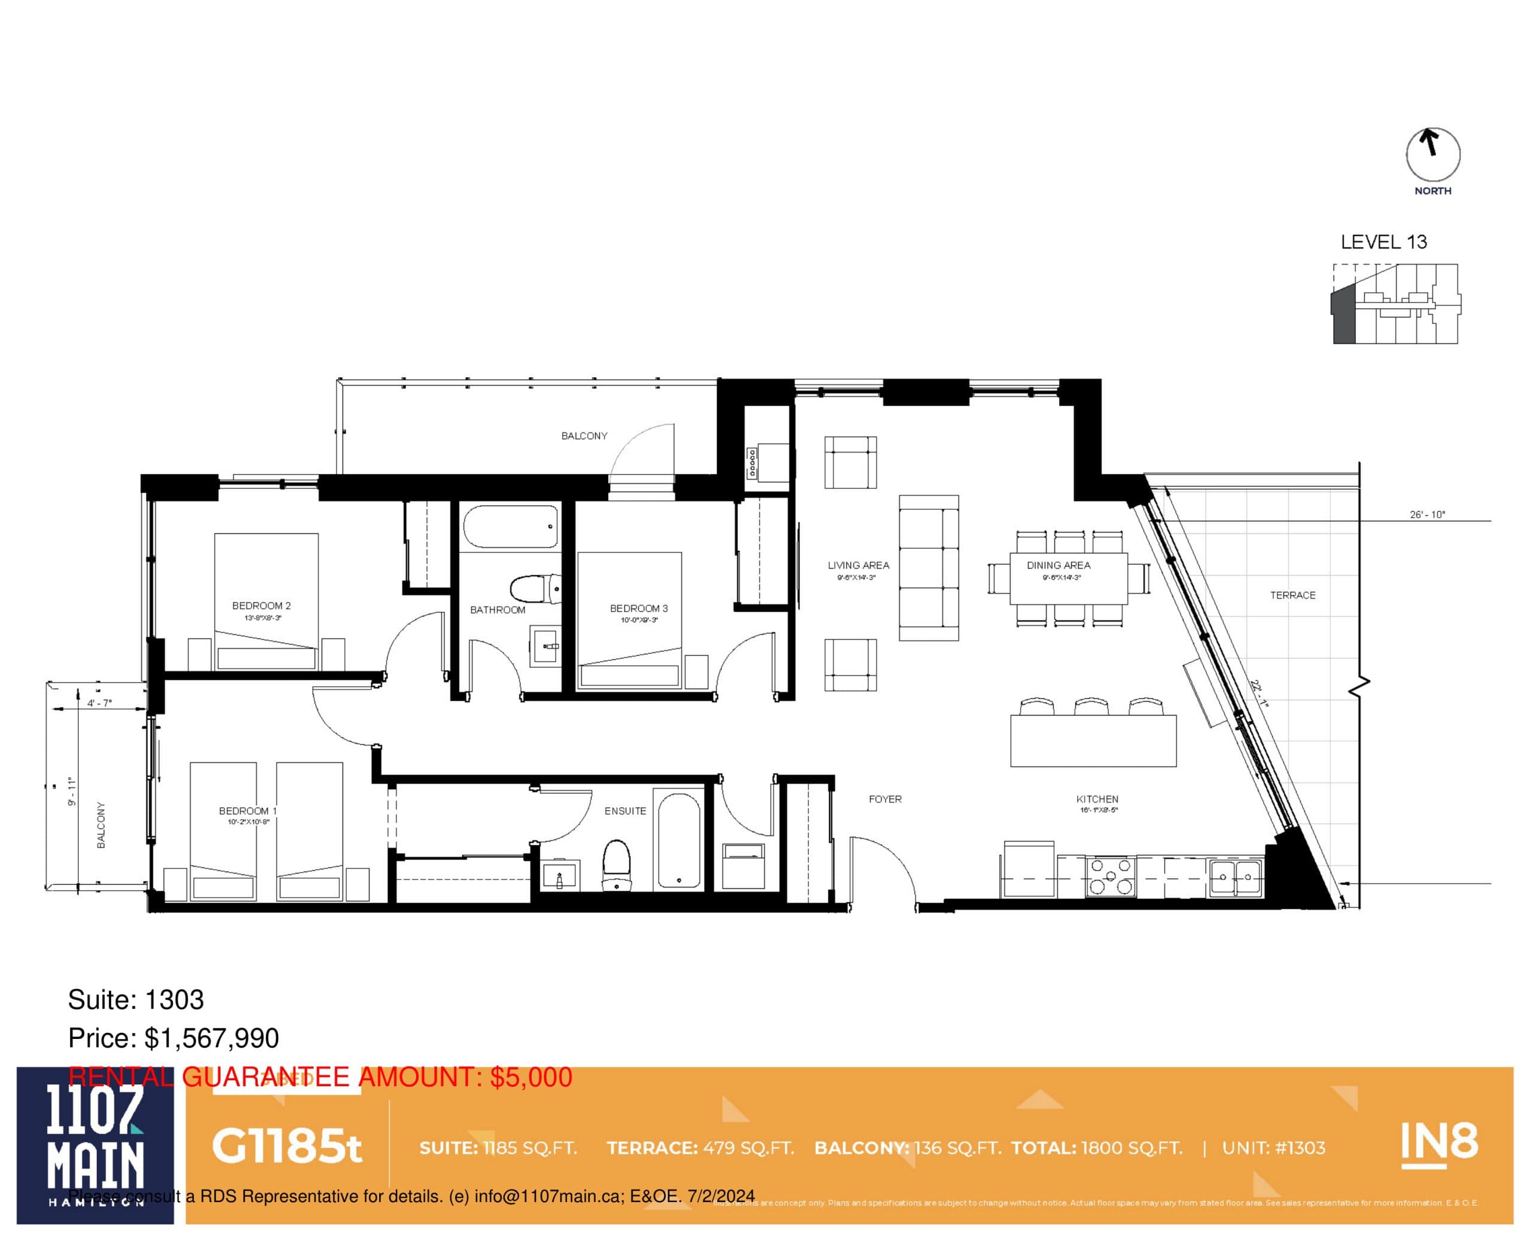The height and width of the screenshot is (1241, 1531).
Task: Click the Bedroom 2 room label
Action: click(x=261, y=606)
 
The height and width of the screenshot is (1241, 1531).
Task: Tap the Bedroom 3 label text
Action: click(x=638, y=609)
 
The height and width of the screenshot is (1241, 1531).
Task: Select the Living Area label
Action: click(x=858, y=565)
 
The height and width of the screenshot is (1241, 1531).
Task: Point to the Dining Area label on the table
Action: click(x=1059, y=565)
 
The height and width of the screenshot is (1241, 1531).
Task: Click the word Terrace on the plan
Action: click(x=1292, y=595)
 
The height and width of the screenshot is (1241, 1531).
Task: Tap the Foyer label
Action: click(x=885, y=799)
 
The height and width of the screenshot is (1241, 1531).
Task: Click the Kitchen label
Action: click(x=1097, y=799)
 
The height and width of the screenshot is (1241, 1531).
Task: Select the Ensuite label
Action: click(x=625, y=811)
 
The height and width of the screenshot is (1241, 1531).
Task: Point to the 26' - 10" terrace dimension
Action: click(x=1428, y=514)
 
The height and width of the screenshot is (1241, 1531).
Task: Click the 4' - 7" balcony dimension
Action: click(x=99, y=703)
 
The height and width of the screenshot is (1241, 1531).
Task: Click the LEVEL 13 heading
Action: click(x=1383, y=242)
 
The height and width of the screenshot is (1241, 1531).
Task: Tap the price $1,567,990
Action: click(x=211, y=1038)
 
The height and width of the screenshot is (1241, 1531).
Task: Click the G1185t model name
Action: click(x=286, y=1147)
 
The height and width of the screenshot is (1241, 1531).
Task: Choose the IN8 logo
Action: click(x=1438, y=1145)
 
